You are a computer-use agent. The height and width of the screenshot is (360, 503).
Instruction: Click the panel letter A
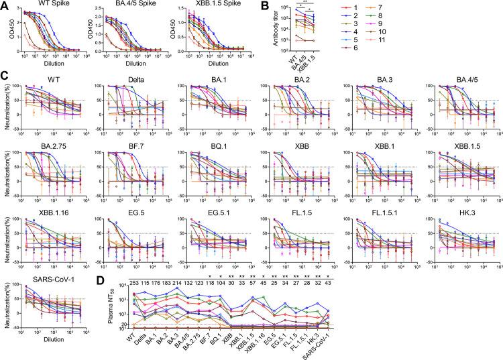[5, 5]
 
